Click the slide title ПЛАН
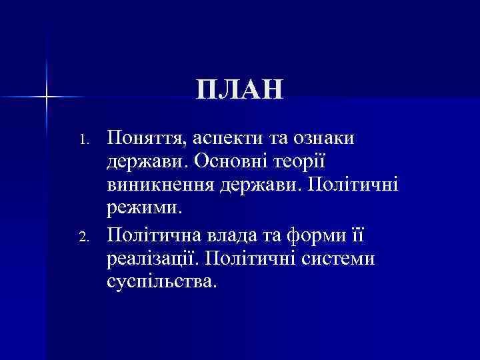240,89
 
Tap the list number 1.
83,141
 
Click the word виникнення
164,187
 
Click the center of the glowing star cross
46,97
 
